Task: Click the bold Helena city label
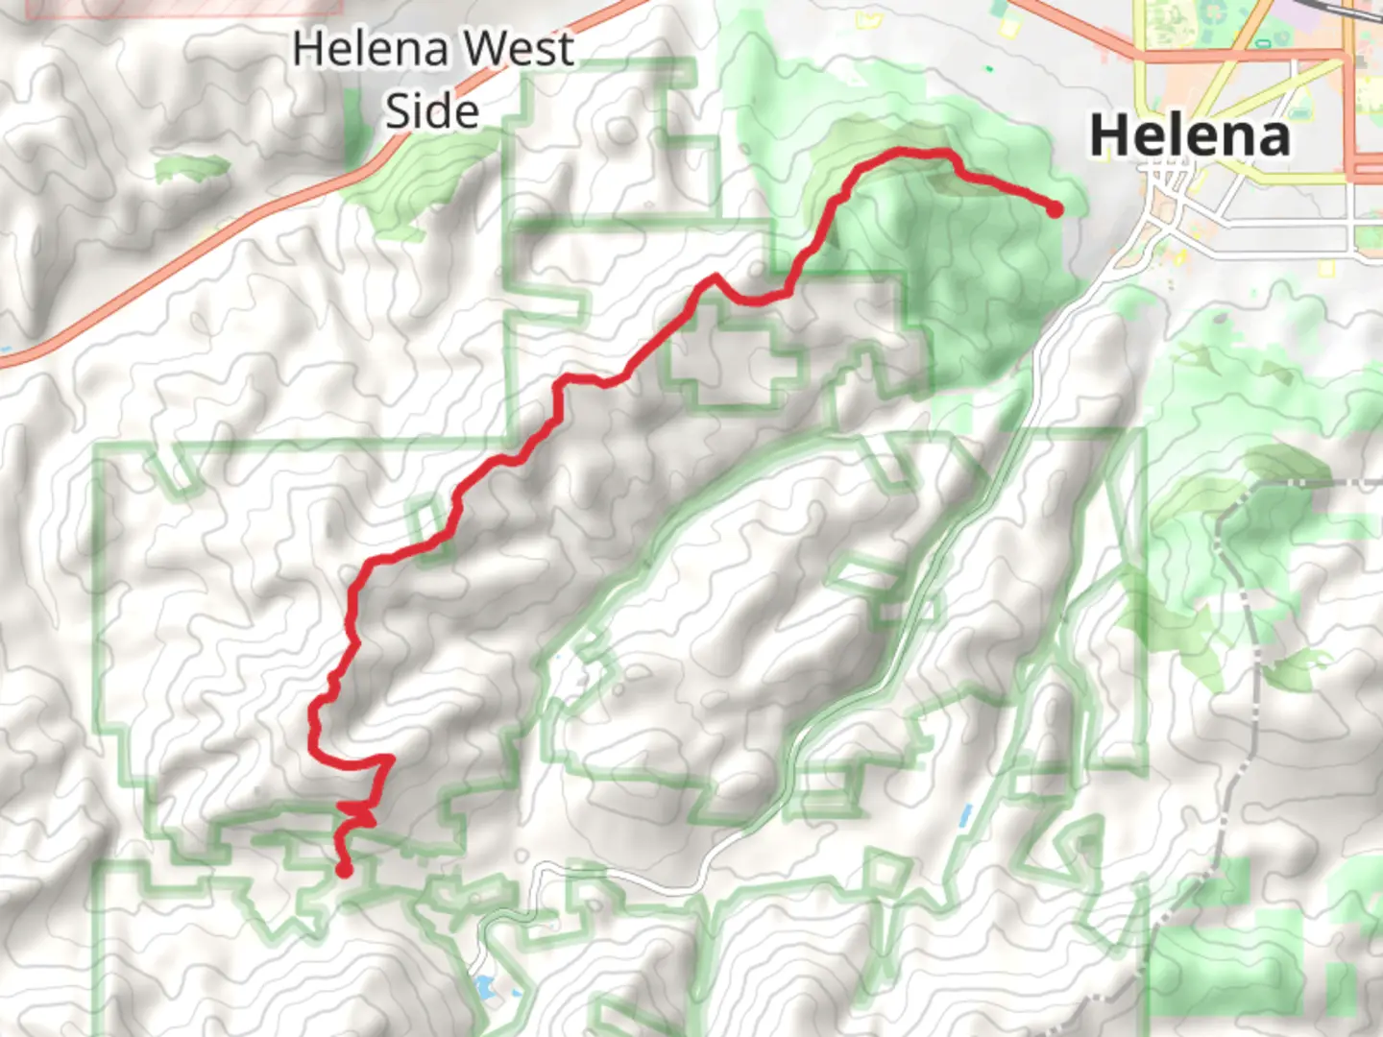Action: tap(1189, 136)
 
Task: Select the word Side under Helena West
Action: tap(432, 110)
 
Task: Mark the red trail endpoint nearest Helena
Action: tap(1055, 208)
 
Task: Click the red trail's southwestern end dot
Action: tap(343, 870)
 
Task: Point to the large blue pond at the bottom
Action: tap(483, 986)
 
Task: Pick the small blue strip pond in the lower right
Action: tap(964, 815)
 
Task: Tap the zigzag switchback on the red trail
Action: tap(360, 813)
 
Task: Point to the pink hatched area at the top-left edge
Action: tap(182, 8)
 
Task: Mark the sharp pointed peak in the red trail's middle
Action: tap(715, 278)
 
